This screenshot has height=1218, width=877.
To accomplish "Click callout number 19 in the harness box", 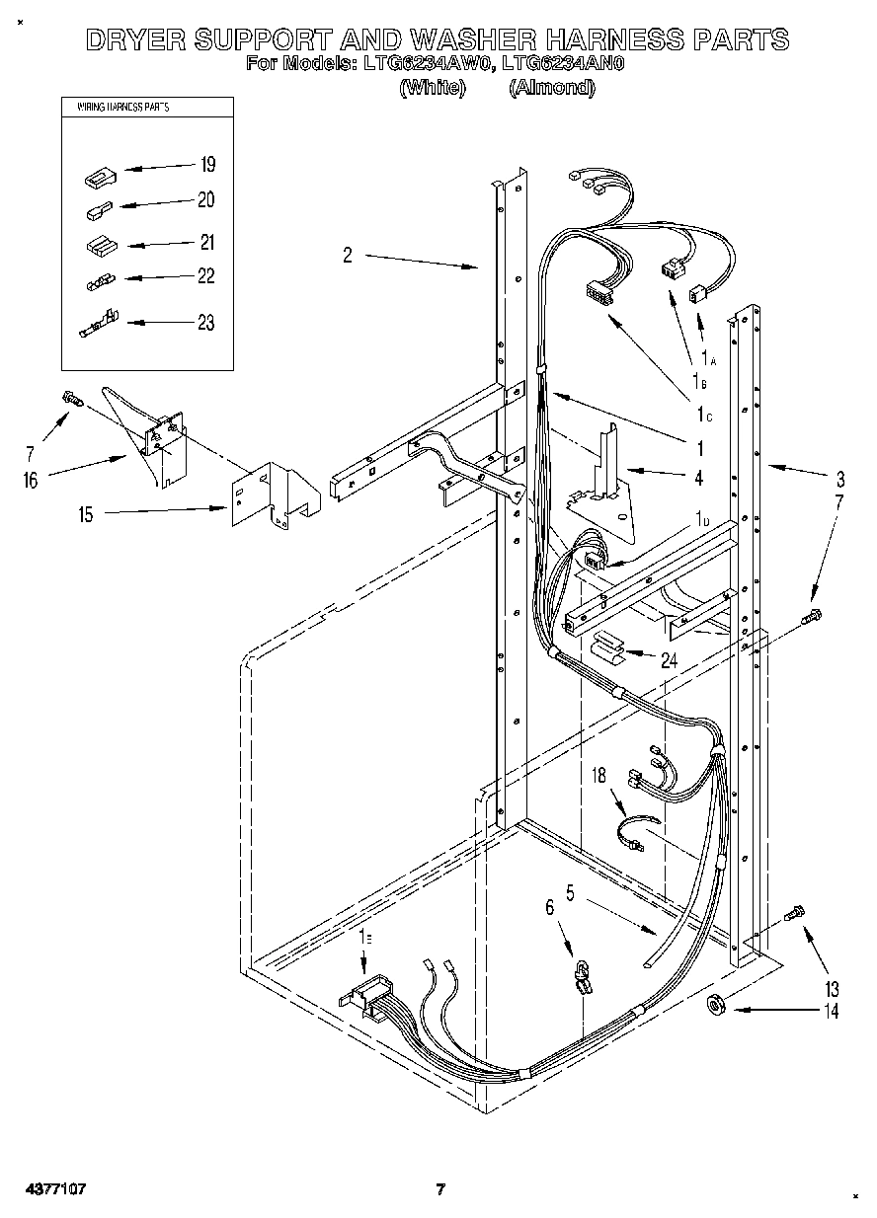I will [x=207, y=164].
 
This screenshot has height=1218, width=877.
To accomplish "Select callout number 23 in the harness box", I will [x=205, y=323].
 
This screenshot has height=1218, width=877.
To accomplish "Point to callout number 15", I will [x=87, y=514].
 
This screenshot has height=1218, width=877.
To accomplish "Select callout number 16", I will [x=31, y=480].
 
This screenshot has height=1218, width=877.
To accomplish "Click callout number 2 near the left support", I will [x=347, y=256].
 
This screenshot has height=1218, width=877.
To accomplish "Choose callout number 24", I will [x=669, y=660].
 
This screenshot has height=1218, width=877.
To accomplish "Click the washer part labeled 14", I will [x=717, y=1006].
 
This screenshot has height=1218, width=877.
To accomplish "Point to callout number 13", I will [x=832, y=988].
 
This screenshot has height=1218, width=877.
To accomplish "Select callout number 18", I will [x=598, y=776].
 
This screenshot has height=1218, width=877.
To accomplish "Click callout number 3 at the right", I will [x=839, y=481].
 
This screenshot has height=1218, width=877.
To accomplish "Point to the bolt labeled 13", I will [x=794, y=914].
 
